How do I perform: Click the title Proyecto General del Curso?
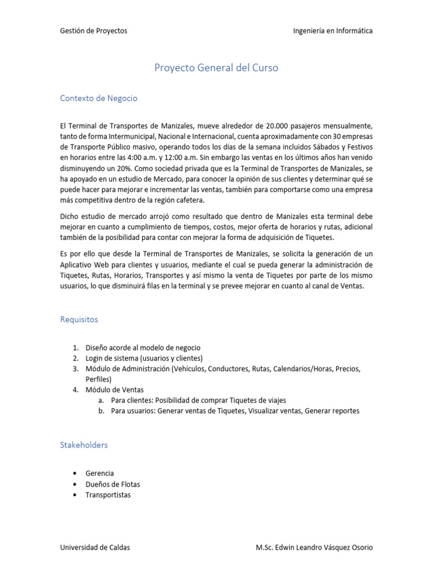coord(216,68)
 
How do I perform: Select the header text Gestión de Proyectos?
coord(94,30)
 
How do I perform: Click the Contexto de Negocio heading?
coord(99,98)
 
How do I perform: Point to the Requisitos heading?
coord(79,319)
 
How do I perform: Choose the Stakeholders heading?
coord(84,445)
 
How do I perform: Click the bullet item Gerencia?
coord(100,473)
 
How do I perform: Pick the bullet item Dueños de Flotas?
coord(113,484)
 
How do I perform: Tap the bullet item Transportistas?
coord(108,494)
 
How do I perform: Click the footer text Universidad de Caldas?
coord(95,547)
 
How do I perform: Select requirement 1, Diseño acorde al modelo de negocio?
coord(143,348)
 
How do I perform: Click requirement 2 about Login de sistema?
coord(144,358)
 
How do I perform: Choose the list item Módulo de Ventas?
coord(114,389)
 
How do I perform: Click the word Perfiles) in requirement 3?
coord(99,379)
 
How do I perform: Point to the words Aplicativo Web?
coord(82,265)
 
